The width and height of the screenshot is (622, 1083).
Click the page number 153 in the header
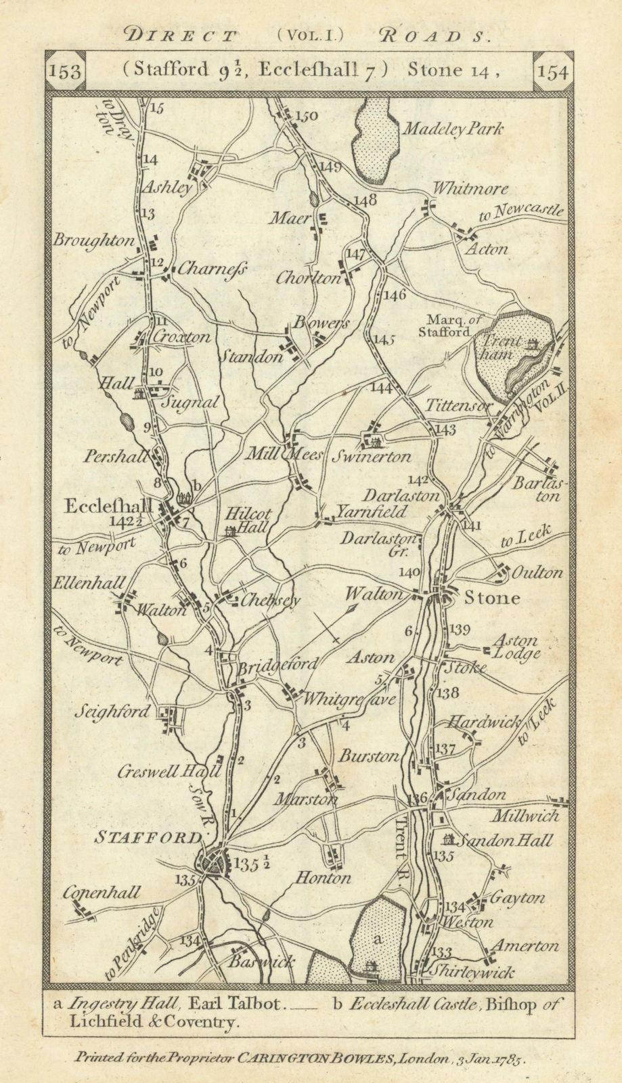[66, 72]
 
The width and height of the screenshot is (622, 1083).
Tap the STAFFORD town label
[147, 838]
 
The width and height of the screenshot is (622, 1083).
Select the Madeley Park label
[451, 129]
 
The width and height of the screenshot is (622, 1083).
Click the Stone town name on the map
[492, 598]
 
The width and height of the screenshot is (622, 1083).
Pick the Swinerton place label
[371, 456]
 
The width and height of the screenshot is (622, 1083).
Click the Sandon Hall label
[505, 841]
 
